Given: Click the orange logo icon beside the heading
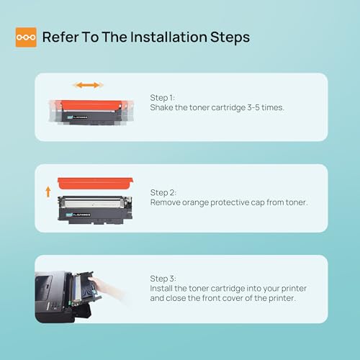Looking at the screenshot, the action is (26, 37).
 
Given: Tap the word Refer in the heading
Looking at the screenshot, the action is (60, 37).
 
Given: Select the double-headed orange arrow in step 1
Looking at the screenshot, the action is (89, 85).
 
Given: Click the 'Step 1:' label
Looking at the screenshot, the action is (163, 98).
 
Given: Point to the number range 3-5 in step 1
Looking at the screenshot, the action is (253, 107).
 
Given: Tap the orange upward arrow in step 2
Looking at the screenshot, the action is (48, 192).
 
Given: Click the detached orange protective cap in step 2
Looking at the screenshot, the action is (95, 183).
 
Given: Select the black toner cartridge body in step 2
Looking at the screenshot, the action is (95, 210).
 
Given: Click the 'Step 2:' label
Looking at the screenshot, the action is (163, 192).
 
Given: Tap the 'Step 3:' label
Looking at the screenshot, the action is (163, 279).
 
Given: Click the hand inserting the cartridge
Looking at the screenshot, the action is (106, 288).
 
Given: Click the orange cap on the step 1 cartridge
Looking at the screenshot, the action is (91, 105).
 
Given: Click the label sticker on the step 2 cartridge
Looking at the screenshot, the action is (78, 215).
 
